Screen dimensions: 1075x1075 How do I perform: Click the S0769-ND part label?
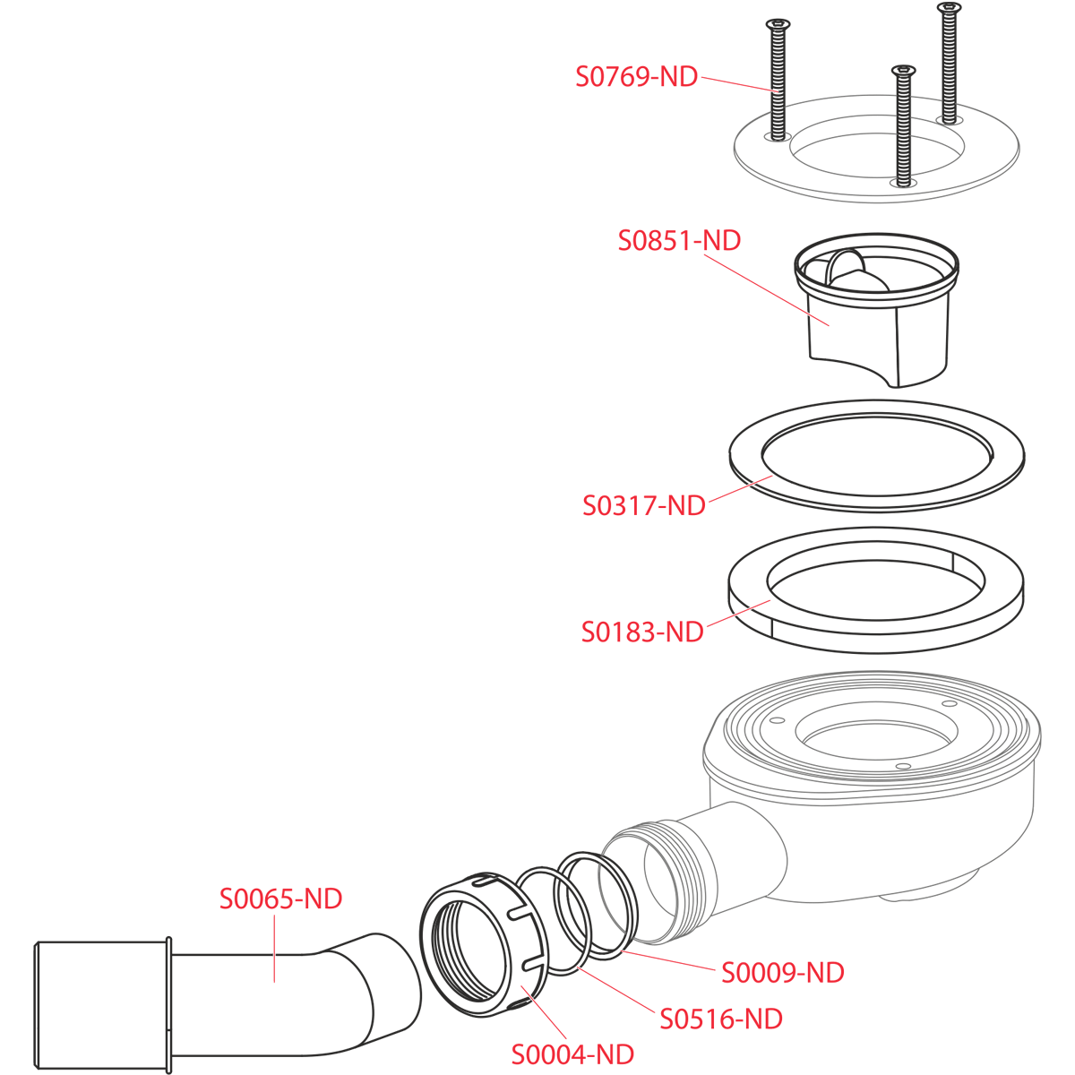coord(637,76)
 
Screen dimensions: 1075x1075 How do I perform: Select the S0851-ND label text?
coord(679,240)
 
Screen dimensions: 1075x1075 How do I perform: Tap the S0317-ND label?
coord(644,505)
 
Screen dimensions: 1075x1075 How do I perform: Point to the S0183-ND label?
coord(642,632)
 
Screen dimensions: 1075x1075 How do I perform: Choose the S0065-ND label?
coord(280,899)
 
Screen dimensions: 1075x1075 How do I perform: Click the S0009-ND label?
coord(783,973)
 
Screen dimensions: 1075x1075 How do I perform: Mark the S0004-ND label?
coord(572,1054)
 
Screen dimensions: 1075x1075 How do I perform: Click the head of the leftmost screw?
coord(778,23)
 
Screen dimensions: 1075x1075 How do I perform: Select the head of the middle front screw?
coord(904,70)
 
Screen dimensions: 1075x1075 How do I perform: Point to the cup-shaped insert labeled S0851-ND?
coord(876,310)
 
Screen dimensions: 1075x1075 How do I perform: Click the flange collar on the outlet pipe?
coord(168,1004)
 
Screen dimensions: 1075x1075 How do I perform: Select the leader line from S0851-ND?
coord(767,290)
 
